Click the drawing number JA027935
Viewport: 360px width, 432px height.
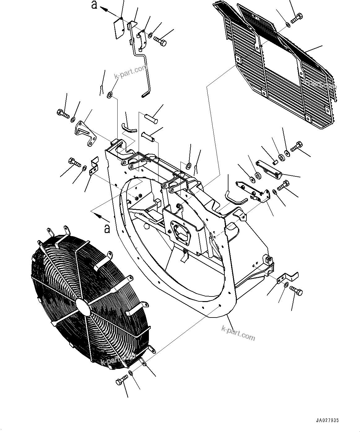(x=327, y=420)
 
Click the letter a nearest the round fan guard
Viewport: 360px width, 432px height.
(x=107, y=229)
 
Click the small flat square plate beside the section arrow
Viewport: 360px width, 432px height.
(x=118, y=28)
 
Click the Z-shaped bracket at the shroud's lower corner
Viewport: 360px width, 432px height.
(x=288, y=277)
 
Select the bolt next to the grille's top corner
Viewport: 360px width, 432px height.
(x=297, y=18)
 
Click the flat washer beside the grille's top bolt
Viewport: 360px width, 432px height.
(x=287, y=24)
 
